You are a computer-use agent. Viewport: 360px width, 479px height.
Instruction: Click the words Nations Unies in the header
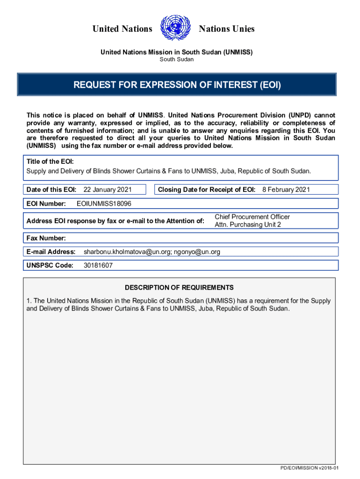coord(227,29)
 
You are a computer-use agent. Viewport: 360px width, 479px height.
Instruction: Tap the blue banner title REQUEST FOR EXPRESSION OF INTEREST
coord(177,85)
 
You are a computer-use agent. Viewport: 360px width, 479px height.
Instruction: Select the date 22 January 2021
coord(107,189)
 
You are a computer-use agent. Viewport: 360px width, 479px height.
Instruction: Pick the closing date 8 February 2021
coord(286,189)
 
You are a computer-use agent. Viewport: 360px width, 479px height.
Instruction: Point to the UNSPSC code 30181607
coord(98,265)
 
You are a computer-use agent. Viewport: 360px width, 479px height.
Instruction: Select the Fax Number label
coord(46,238)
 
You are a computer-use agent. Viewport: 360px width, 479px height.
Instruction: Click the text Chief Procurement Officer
coord(252,217)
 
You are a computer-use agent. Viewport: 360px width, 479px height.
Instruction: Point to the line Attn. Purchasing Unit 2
coord(248,225)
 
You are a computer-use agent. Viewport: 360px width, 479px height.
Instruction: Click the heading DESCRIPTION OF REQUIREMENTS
coord(179,288)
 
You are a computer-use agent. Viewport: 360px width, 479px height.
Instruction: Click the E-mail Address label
coord(51,252)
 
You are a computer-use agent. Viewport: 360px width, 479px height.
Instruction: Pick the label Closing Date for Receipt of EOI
coord(206,189)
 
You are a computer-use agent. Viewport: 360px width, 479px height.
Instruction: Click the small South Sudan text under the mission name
coord(177,59)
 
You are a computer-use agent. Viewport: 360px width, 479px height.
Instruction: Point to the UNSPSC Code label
coord(50,265)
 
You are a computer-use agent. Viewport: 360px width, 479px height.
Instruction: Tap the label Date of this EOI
coord(51,189)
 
